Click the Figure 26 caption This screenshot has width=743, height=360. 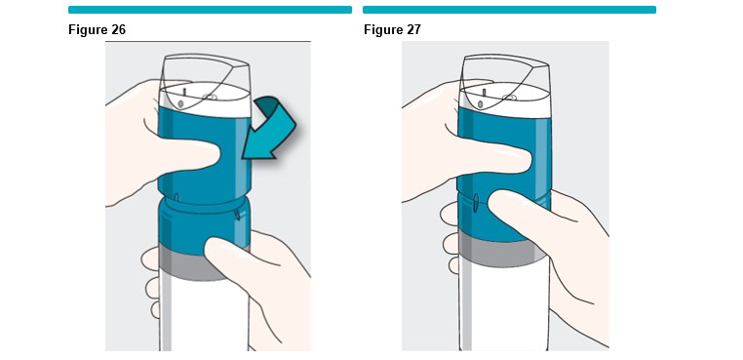pos(97,29)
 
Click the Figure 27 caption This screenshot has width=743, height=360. pos(392,29)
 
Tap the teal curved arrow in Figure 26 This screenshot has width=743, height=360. pos(269,127)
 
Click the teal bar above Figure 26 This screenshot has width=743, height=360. pos(210,10)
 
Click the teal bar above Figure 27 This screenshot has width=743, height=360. pos(509,10)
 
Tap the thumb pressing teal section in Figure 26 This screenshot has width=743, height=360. pos(189,155)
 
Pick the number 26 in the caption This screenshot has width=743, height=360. pos(118,29)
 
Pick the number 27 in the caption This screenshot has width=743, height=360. pos(413,29)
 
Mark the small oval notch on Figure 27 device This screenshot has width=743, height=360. pos(476,201)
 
